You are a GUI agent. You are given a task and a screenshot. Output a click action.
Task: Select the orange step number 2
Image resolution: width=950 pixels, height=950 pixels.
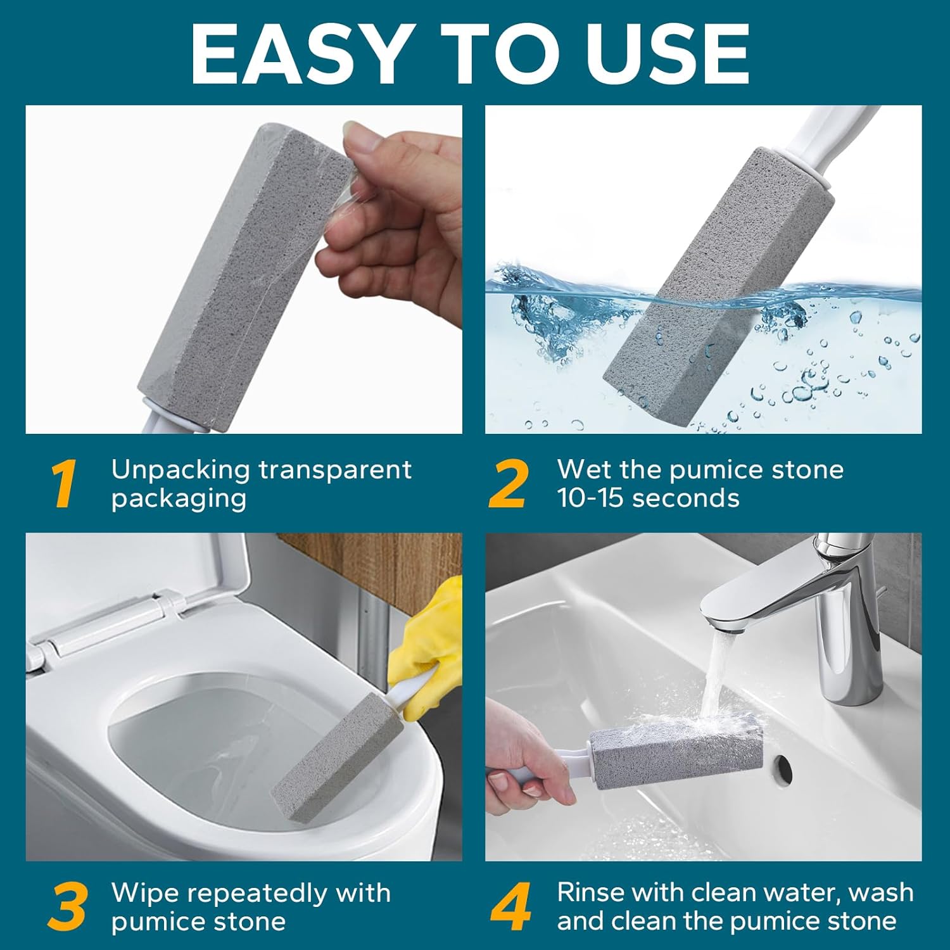point(509,484)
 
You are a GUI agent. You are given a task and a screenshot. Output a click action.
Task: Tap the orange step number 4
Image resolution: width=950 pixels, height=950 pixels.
point(510,907)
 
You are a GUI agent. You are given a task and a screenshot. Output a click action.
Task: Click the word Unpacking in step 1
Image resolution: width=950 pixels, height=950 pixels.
point(180,470)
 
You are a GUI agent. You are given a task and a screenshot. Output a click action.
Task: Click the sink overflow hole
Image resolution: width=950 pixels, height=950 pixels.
point(784,768)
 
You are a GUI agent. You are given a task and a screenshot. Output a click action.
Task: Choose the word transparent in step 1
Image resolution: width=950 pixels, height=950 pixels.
point(335,470)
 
